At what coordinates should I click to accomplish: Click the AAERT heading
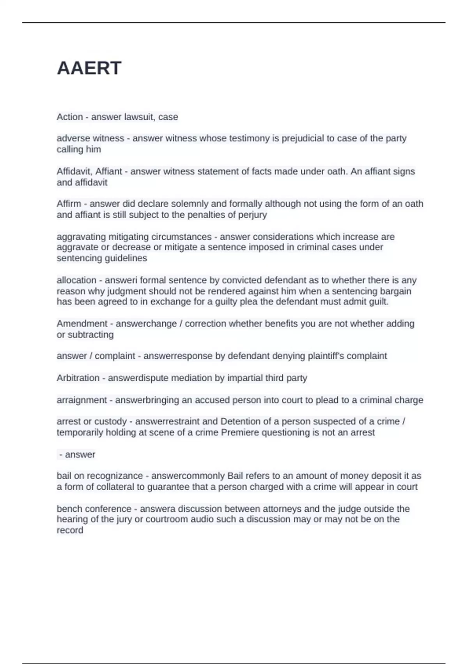point(89,68)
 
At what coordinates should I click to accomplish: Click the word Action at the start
point(70,117)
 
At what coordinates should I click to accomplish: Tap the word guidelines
point(125,258)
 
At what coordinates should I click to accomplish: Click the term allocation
point(76,280)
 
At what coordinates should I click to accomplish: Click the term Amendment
point(82,323)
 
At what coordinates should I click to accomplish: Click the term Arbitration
point(78,378)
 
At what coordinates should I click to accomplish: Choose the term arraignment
point(82,400)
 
